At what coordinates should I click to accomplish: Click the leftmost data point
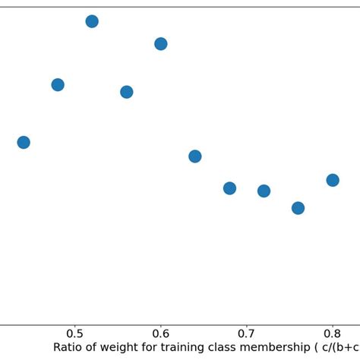click(x=24, y=142)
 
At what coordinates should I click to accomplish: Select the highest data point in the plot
click(x=92, y=21)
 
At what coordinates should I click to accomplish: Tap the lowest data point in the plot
click(x=298, y=207)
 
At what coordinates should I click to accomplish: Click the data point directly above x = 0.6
click(x=160, y=44)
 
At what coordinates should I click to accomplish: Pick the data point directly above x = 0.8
click(x=332, y=180)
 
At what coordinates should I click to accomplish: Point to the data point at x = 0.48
click(x=58, y=84)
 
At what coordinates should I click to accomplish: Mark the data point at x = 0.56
click(x=126, y=92)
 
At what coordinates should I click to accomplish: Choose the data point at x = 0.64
click(x=194, y=156)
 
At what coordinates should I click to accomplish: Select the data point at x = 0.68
click(x=229, y=188)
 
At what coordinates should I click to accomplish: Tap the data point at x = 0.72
click(x=264, y=191)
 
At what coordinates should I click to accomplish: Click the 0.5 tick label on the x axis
click(x=74, y=333)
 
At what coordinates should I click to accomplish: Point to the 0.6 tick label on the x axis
click(x=160, y=333)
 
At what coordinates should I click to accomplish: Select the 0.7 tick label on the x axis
click(x=246, y=333)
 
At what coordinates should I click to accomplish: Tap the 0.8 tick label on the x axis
click(x=332, y=333)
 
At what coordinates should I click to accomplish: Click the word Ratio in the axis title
click(x=69, y=348)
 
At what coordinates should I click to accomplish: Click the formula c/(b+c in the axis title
click(x=343, y=348)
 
